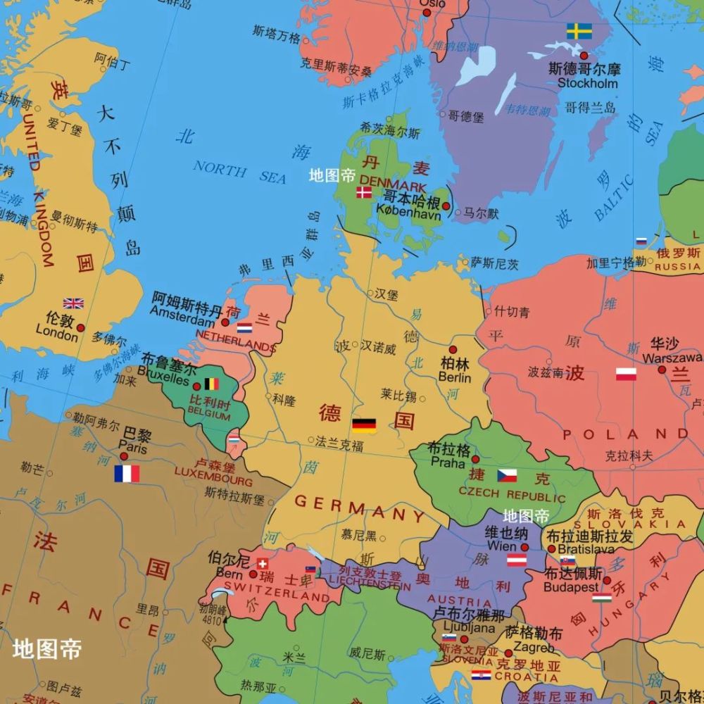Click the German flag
click(x=364, y=425)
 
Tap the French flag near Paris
click(x=127, y=473)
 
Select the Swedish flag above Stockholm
click(x=579, y=31)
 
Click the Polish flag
click(x=626, y=374)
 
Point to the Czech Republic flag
click(x=507, y=475)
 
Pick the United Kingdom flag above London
click(x=73, y=303)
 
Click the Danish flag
click(x=364, y=192)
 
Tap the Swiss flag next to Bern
click(x=263, y=563)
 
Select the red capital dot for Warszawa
click(x=662, y=369)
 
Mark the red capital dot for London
click(x=81, y=328)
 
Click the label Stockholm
click(x=587, y=83)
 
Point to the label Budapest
click(x=571, y=586)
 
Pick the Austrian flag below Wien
click(x=517, y=560)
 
